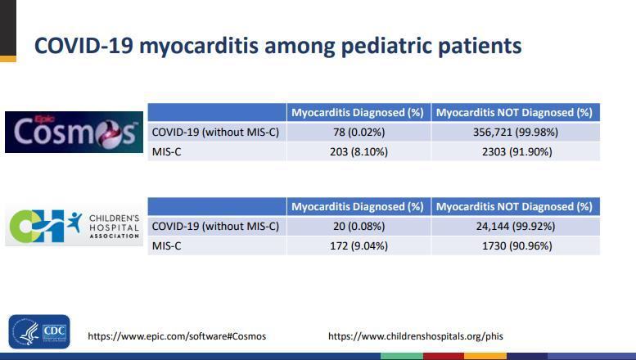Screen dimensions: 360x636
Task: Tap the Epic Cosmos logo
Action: (74, 132)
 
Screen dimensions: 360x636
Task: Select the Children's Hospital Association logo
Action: (74, 227)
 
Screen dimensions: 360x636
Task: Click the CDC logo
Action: (39, 331)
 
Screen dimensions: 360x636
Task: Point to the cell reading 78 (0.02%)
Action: (358, 132)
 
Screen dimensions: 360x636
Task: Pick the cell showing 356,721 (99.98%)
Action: (514, 132)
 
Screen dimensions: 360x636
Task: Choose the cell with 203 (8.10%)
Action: (358, 151)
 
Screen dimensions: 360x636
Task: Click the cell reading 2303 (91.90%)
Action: (514, 151)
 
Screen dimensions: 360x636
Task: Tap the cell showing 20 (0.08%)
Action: (358, 226)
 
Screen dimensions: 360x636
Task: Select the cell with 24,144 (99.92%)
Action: (514, 226)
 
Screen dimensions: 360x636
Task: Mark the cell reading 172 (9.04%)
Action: (358, 245)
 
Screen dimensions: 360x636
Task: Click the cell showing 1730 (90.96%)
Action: (514, 245)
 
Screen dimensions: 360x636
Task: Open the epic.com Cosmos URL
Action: (177, 336)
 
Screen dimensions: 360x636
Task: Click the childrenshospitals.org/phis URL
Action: (415, 336)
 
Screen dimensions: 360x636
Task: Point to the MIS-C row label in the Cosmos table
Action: (167, 151)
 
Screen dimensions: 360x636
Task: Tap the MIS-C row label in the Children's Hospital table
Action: (167, 245)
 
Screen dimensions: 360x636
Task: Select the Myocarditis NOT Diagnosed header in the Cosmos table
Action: (514, 112)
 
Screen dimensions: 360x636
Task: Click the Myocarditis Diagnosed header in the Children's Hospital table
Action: (358, 206)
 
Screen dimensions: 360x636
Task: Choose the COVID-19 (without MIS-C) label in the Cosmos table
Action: (215, 132)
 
